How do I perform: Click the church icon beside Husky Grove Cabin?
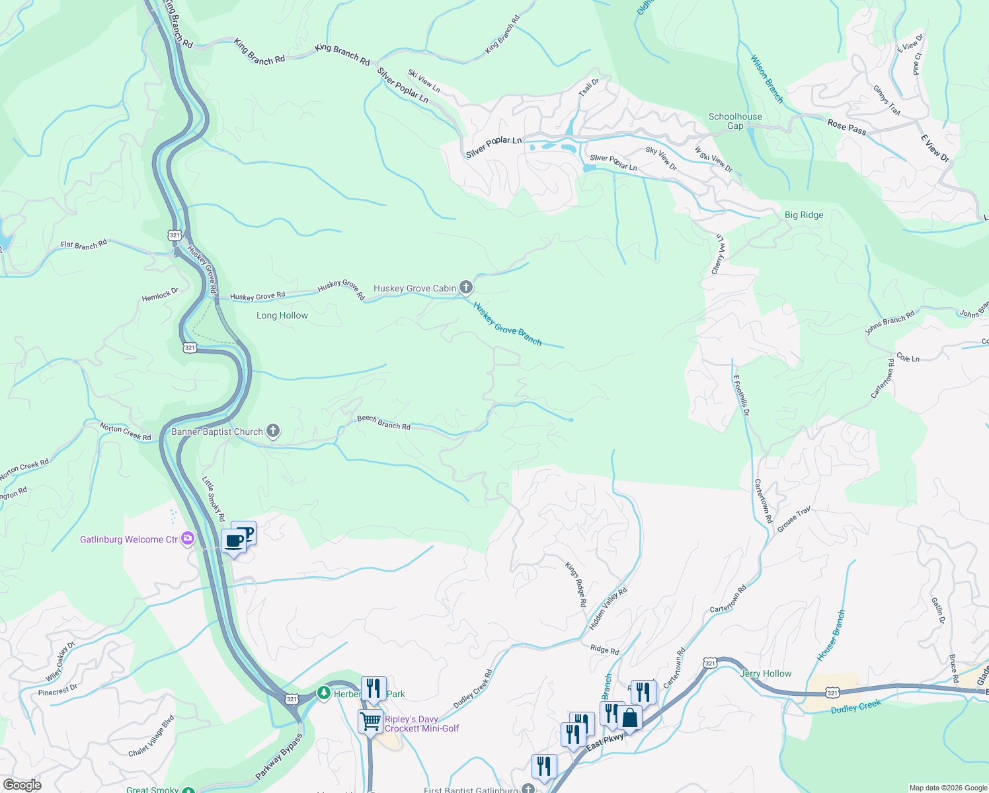tap(466, 287)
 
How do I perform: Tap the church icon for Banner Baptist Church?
tap(272, 431)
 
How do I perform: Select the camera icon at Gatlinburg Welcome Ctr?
tap(188, 539)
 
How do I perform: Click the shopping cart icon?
tap(371, 720)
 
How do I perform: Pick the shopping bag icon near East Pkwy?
tap(630, 718)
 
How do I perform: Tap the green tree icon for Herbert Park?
tap(323, 693)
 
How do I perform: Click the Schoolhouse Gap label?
tap(735, 121)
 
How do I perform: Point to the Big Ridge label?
tap(804, 215)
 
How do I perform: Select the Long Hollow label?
tap(282, 315)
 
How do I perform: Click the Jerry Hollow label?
tap(766, 673)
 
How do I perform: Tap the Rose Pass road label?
tap(847, 126)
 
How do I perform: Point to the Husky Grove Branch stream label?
tap(508, 324)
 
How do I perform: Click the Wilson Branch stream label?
tap(766, 79)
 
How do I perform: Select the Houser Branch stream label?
tap(830, 635)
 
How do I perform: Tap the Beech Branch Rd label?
tap(383, 422)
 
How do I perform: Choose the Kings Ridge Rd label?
tap(575, 584)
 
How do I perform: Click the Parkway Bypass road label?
tap(279, 756)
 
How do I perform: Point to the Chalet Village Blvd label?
tap(151, 736)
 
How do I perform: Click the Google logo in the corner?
tap(22, 784)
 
